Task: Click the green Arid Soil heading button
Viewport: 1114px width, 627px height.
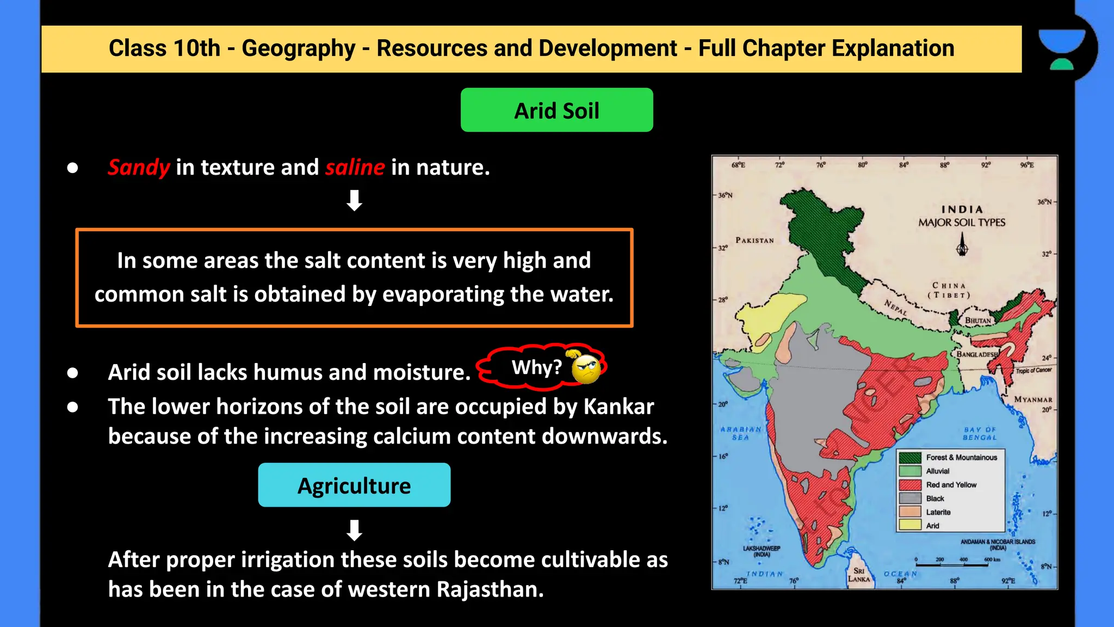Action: coord(556,110)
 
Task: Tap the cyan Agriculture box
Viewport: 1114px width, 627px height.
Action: coord(354,485)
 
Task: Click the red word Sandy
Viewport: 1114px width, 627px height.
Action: coord(139,167)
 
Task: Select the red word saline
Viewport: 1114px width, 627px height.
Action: coord(355,167)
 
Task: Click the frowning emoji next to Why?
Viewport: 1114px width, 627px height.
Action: coord(586,368)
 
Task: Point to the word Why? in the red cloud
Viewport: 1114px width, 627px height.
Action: coord(536,368)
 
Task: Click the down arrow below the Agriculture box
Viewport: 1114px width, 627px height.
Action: coord(354,530)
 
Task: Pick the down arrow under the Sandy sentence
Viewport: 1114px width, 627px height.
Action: coord(354,200)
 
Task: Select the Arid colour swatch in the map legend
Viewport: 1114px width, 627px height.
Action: coord(910,525)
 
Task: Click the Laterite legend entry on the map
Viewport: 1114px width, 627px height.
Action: coord(938,512)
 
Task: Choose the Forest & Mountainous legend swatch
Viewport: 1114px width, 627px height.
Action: coord(910,458)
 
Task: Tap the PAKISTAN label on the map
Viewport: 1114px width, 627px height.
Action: coord(754,240)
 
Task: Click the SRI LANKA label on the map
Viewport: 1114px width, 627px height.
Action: coord(859,575)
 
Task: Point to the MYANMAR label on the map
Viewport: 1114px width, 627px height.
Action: coord(1033,399)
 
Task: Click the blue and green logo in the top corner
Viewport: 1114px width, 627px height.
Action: coord(1061,49)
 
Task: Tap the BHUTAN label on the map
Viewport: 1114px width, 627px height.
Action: coord(978,321)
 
